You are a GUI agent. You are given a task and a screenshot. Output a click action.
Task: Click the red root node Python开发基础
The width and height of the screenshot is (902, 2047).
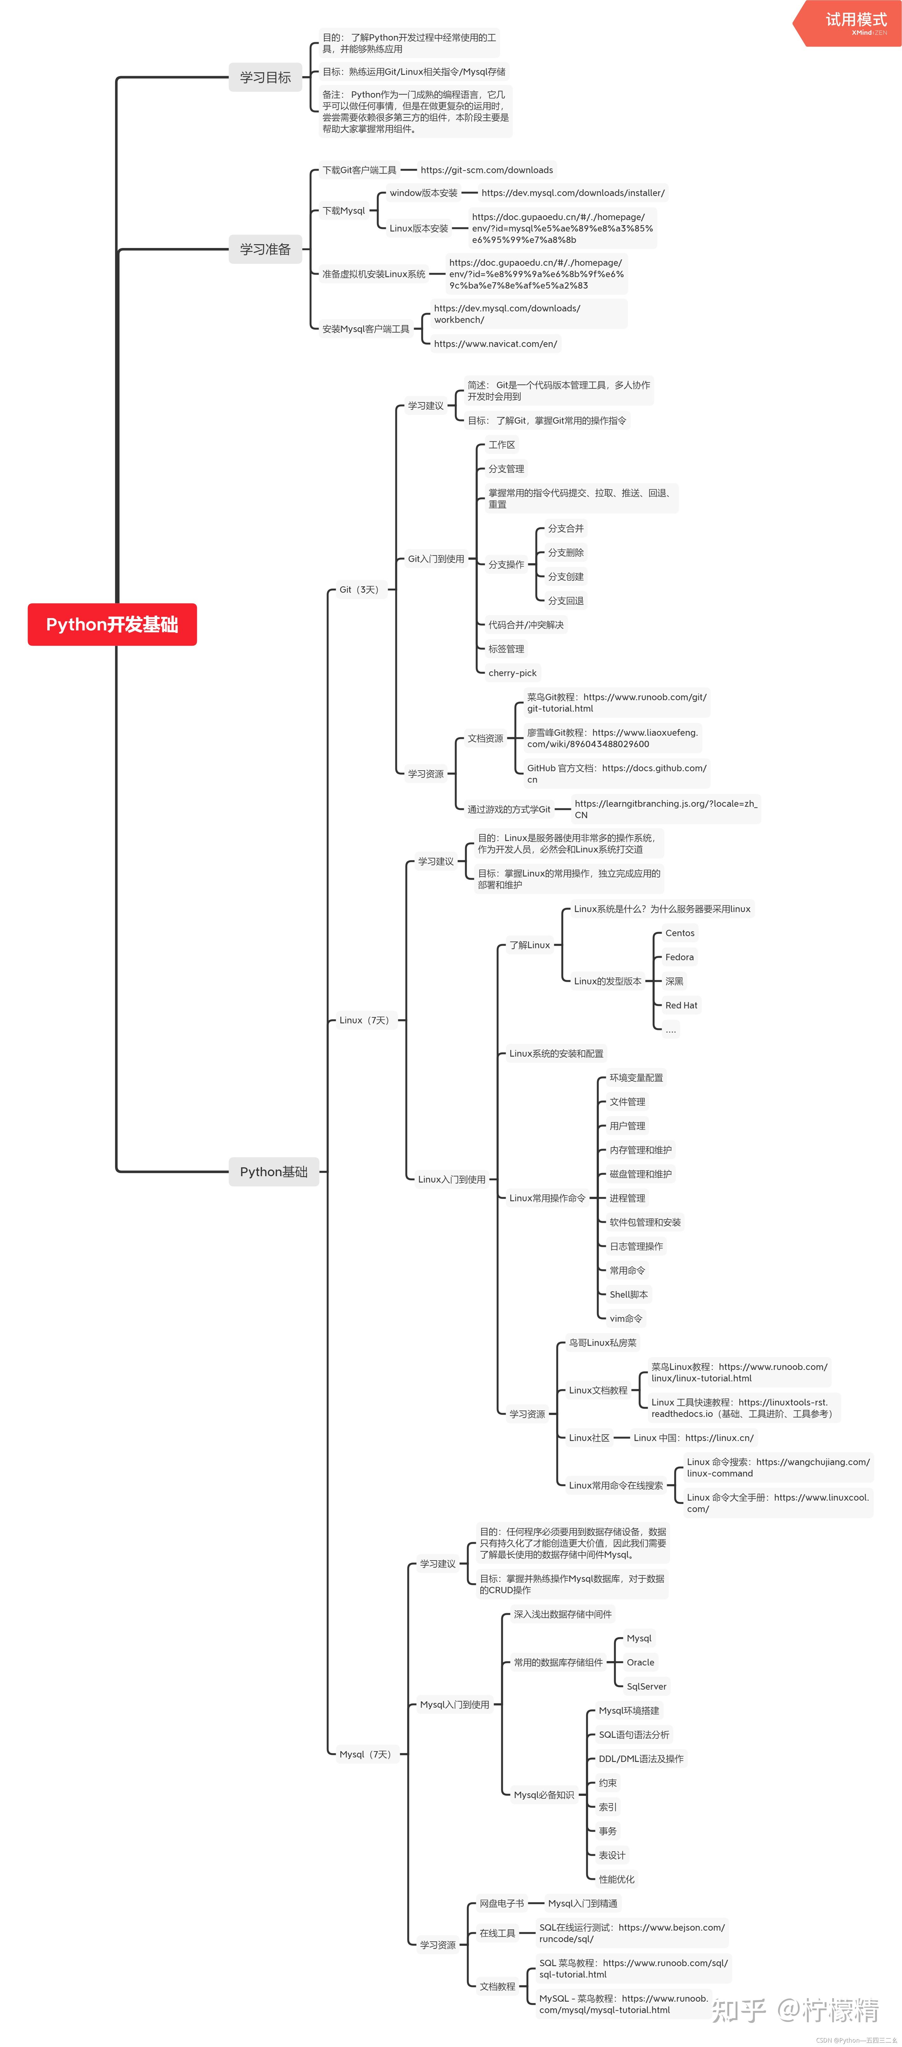click(112, 625)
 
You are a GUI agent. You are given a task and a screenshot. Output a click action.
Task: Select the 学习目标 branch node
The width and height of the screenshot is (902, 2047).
click(265, 77)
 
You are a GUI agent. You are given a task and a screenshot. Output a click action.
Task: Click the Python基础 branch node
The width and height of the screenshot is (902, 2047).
click(273, 1171)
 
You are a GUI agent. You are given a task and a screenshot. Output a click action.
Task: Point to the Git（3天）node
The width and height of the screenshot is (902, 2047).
click(359, 590)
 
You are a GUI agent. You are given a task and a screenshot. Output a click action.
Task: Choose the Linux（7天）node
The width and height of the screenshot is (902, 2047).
click(364, 1020)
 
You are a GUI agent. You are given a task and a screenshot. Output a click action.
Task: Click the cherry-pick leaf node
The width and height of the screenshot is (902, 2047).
click(513, 673)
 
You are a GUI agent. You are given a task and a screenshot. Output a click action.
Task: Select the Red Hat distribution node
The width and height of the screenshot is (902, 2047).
click(681, 1005)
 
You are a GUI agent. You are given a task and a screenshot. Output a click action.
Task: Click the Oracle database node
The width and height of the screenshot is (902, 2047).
click(640, 1662)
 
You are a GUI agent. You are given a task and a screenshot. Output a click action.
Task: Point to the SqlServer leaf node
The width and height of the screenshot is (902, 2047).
click(646, 1686)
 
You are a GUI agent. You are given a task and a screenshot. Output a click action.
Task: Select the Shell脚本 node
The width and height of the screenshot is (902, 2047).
click(629, 1294)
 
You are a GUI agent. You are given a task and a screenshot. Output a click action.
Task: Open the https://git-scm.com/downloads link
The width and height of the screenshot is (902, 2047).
click(486, 170)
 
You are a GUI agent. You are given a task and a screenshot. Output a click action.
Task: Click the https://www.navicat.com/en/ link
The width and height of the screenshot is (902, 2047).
click(495, 344)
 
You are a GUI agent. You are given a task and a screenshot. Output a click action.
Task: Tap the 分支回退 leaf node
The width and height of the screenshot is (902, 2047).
click(566, 601)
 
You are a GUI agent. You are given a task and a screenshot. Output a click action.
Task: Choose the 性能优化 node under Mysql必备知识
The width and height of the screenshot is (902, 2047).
click(617, 1879)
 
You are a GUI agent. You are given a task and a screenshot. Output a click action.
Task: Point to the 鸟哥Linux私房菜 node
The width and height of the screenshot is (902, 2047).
click(602, 1343)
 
